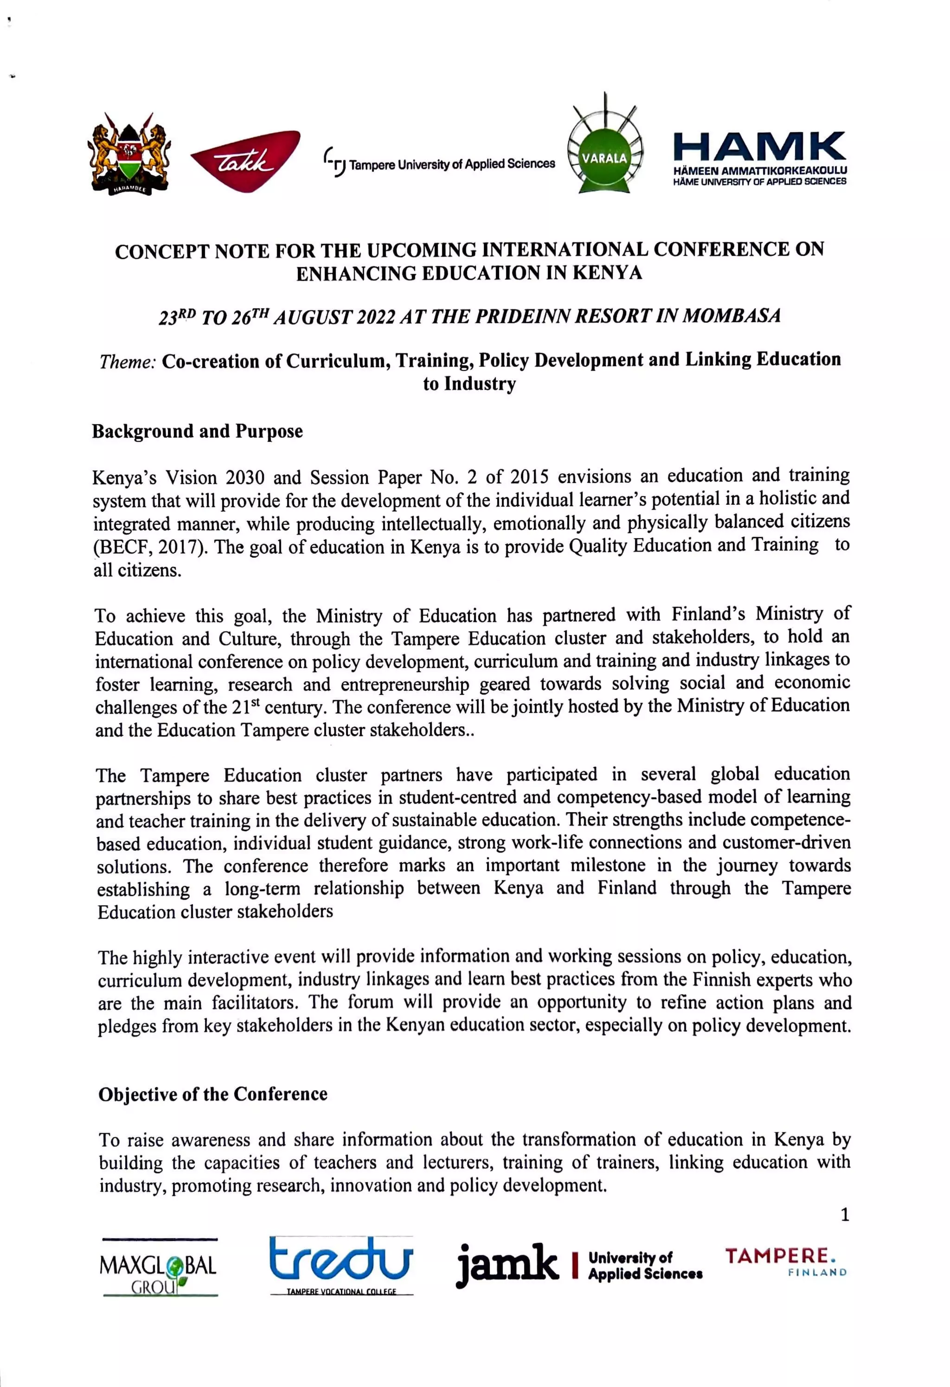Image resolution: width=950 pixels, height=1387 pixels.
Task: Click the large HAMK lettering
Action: [759, 146]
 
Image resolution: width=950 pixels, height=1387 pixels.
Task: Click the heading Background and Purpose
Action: [198, 432]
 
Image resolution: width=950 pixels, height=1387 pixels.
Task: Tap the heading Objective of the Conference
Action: [213, 1094]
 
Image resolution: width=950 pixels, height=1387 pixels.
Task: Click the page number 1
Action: [844, 1214]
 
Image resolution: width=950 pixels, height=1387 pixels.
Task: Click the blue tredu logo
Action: [340, 1261]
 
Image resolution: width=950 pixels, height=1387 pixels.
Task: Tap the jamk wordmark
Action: [508, 1264]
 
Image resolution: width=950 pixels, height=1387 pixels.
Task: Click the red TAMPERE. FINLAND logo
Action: [785, 1260]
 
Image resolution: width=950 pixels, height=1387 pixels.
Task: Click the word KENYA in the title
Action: [608, 273]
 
